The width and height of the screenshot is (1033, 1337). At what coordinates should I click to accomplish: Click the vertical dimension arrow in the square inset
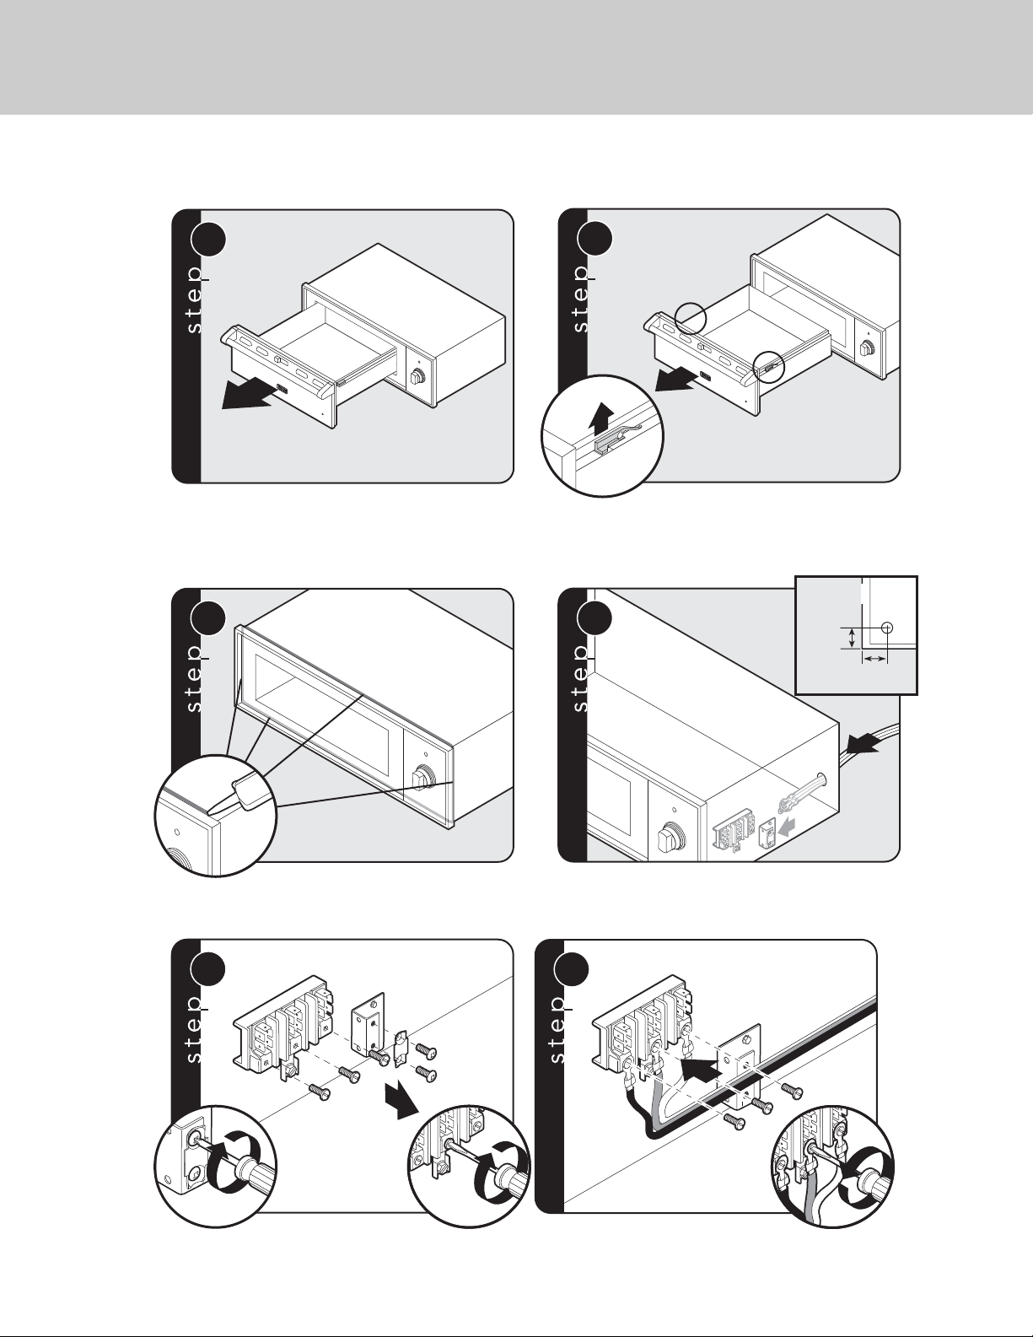(x=852, y=637)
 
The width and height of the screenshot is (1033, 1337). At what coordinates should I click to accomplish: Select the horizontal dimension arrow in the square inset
(x=874, y=658)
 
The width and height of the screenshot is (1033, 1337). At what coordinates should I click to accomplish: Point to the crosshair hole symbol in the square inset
(x=886, y=628)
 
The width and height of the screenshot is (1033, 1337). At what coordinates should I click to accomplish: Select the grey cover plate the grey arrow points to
(x=767, y=832)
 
